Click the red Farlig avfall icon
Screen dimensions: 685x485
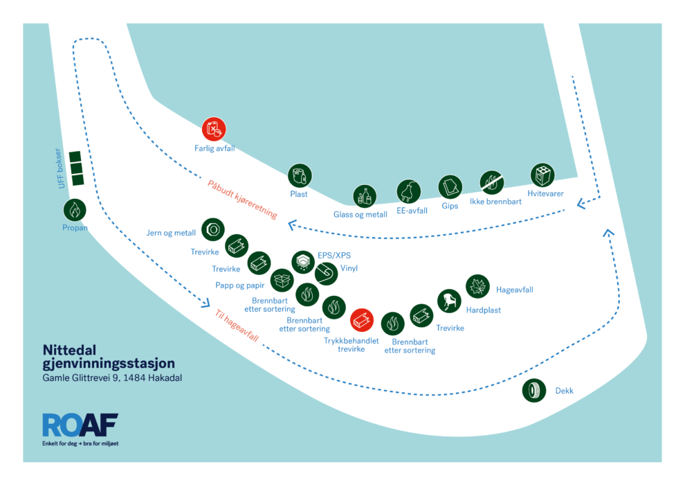click(x=214, y=129)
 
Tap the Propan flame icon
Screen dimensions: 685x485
click(x=75, y=210)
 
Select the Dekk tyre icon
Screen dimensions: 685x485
click(x=534, y=390)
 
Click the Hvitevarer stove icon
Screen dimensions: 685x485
click(x=542, y=175)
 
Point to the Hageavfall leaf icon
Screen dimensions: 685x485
click(x=477, y=286)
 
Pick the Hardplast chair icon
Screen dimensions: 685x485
click(x=449, y=301)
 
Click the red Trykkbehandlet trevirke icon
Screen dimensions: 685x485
click(x=362, y=319)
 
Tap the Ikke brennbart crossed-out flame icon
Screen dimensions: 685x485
click(x=491, y=183)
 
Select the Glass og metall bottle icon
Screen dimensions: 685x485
click(x=365, y=196)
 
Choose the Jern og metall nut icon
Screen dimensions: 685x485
click(x=212, y=229)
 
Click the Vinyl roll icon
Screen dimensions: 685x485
click(x=326, y=274)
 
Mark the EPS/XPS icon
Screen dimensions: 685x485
click(x=303, y=262)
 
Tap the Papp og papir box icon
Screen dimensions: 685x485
click(x=282, y=279)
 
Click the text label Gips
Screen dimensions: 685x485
click(x=450, y=206)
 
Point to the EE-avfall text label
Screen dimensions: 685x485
click(x=412, y=211)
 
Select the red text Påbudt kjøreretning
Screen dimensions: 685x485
click(x=242, y=200)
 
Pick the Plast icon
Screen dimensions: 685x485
click(x=300, y=175)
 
